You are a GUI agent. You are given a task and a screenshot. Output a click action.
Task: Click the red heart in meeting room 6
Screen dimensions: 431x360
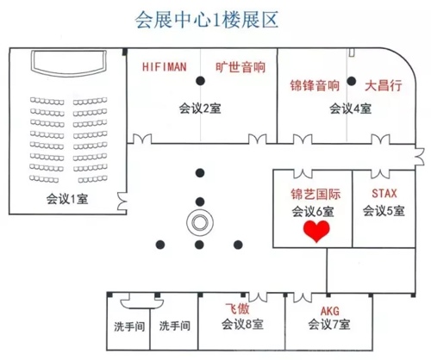(316, 231)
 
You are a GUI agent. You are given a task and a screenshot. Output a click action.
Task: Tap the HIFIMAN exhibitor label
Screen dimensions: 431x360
(165, 67)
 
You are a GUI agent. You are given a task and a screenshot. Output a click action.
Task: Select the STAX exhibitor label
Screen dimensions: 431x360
(384, 193)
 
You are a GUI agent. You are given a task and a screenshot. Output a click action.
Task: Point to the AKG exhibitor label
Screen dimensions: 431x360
(330, 311)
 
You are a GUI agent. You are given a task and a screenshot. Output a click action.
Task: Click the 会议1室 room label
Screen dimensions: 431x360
(67, 199)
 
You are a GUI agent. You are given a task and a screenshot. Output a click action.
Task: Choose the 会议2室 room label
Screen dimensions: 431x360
(200, 109)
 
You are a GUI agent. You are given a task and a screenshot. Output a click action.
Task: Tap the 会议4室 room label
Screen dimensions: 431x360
(350, 109)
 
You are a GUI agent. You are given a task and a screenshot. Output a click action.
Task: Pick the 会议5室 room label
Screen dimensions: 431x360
(384, 211)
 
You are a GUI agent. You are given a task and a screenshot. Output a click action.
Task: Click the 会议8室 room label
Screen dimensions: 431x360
(242, 325)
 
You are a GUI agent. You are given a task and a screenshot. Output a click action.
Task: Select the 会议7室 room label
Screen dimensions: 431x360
(329, 325)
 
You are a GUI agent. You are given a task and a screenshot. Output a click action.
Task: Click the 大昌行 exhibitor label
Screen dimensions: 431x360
(384, 85)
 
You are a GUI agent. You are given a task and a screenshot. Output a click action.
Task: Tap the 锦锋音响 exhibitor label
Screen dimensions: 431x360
(315, 85)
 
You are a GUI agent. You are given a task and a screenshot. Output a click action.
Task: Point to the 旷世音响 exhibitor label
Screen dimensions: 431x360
(240, 67)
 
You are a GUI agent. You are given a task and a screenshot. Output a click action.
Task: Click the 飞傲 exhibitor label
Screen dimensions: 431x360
(237, 309)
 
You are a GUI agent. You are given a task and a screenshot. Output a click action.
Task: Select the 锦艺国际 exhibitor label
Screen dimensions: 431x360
(315, 194)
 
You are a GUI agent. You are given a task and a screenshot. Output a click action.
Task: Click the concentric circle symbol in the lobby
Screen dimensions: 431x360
(200, 222)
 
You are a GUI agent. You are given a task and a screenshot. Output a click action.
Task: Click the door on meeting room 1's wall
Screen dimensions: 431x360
(122, 202)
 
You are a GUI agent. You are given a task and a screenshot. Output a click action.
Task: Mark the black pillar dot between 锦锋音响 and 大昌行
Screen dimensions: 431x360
(351, 81)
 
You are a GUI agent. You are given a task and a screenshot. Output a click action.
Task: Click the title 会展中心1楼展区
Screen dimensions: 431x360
(207, 20)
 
